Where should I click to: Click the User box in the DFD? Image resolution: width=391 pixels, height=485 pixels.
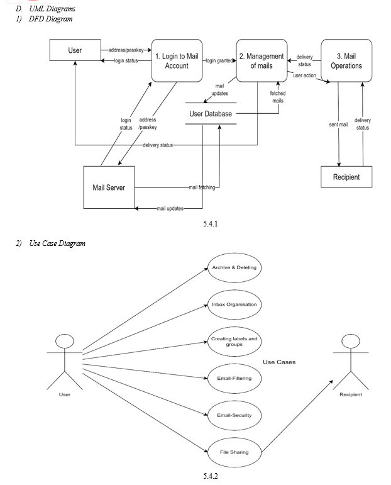pos(75,50)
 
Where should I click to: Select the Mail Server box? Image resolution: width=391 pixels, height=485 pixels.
pos(109,187)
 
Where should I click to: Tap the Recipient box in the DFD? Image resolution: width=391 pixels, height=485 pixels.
pos(346,177)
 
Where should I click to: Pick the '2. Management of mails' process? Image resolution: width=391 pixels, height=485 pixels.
pos(261,61)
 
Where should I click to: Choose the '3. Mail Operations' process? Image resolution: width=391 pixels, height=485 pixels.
pos(346,61)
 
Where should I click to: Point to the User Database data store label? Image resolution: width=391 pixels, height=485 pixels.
pos(211,114)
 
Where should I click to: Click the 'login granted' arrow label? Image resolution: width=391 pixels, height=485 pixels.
pos(219,60)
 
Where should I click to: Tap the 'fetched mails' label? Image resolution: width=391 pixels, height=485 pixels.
pos(278,96)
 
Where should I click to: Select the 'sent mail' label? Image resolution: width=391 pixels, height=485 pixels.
pos(338,125)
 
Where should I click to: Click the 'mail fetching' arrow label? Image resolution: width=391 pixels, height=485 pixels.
pos(202,187)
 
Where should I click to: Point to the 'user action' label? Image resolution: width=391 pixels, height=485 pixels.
pos(305,75)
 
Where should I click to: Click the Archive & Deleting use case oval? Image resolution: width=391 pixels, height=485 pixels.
pos(234,267)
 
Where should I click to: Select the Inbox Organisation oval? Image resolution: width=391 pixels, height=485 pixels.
pos(234,304)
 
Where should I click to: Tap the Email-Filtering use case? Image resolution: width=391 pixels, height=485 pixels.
pos(234,379)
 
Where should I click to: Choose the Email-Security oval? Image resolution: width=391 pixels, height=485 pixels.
pos(234,415)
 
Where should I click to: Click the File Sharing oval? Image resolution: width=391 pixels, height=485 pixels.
pos(234,452)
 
